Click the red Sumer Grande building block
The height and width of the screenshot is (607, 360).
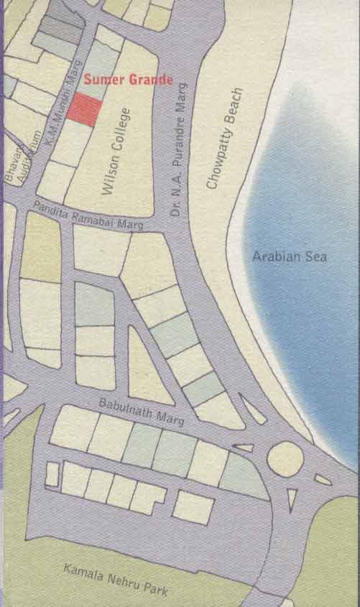click(86, 109)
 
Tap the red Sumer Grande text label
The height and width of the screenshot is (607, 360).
click(128, 80)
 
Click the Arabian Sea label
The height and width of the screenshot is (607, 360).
click(290, 256)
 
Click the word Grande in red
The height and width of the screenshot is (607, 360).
click(150, 80)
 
